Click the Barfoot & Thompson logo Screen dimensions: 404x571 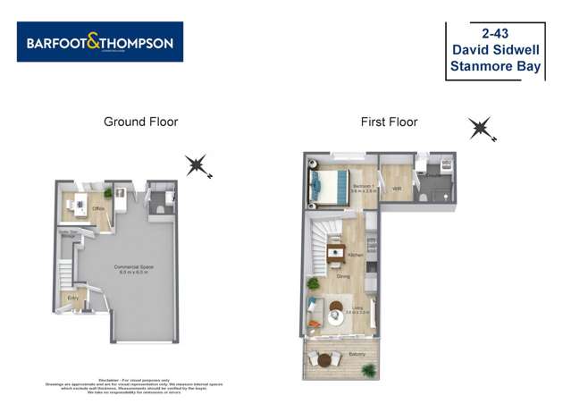click(x=99, y=42)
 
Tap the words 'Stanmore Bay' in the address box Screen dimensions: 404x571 click(x=496, y=66)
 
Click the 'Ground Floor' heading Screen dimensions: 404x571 click(x=140, y=122)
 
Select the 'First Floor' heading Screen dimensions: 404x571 click(x=389, y=122)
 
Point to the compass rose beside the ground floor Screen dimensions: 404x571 click(x=197, y=164)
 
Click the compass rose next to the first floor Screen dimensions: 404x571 click(x=482, y=130)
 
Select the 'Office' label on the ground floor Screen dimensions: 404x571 click(x=98, y=209)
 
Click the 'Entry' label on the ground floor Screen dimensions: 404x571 click(x=72, y=297)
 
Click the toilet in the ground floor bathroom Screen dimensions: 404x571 click(x=159, y=208)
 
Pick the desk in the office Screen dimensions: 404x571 click(x=78, y=200)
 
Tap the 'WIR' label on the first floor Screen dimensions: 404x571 click(x=396, y=188)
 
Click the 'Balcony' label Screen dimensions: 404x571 click(x=357, y=354)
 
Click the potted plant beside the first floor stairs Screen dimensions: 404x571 click(x=313, y=283)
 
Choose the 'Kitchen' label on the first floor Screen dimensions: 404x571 click(x=355, y=255)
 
